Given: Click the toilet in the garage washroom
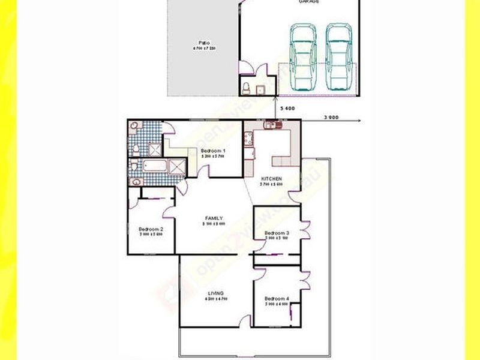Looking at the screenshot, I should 247,88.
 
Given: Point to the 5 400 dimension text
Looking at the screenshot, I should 287,108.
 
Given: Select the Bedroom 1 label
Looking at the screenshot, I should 213,150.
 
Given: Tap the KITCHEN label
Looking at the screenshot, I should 271,178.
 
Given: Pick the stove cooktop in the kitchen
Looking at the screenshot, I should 248,140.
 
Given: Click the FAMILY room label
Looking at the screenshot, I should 214,218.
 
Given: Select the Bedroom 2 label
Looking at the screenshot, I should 148,229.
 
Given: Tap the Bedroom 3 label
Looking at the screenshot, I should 277,233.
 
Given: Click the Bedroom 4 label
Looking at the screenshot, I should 277,299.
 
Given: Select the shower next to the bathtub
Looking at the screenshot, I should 178,166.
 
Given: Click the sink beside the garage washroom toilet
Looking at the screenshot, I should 261,90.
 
